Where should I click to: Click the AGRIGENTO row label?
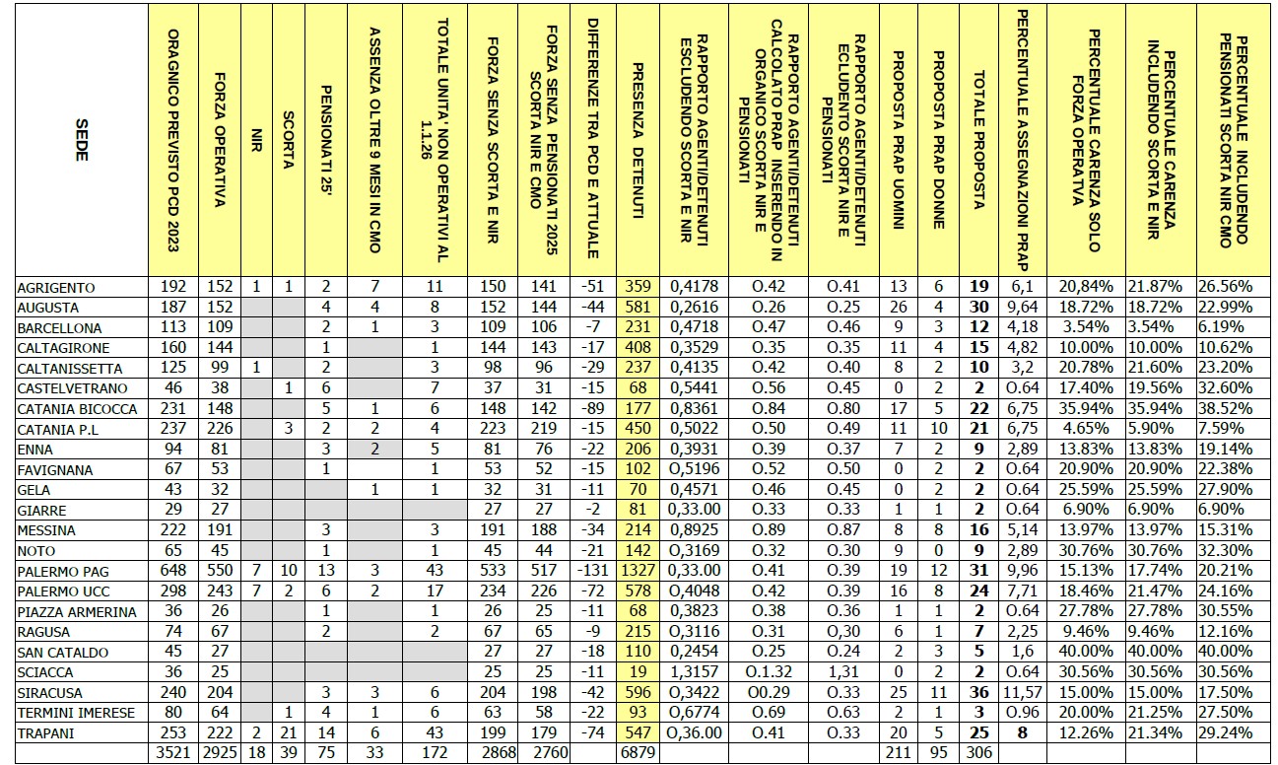tap(56, 287)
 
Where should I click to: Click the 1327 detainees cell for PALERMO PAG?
tap(638, 571)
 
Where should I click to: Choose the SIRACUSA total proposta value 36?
tap(978, 692)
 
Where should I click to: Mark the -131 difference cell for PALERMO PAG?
tap(593, 571)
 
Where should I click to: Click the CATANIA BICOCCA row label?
tap(76, 408)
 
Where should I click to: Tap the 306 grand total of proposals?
tap(978, 753)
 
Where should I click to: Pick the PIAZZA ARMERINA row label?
tap(77, 611)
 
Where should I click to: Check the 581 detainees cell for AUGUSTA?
tap(638, 308)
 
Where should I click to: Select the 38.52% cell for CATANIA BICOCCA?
tap(1234, 408)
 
